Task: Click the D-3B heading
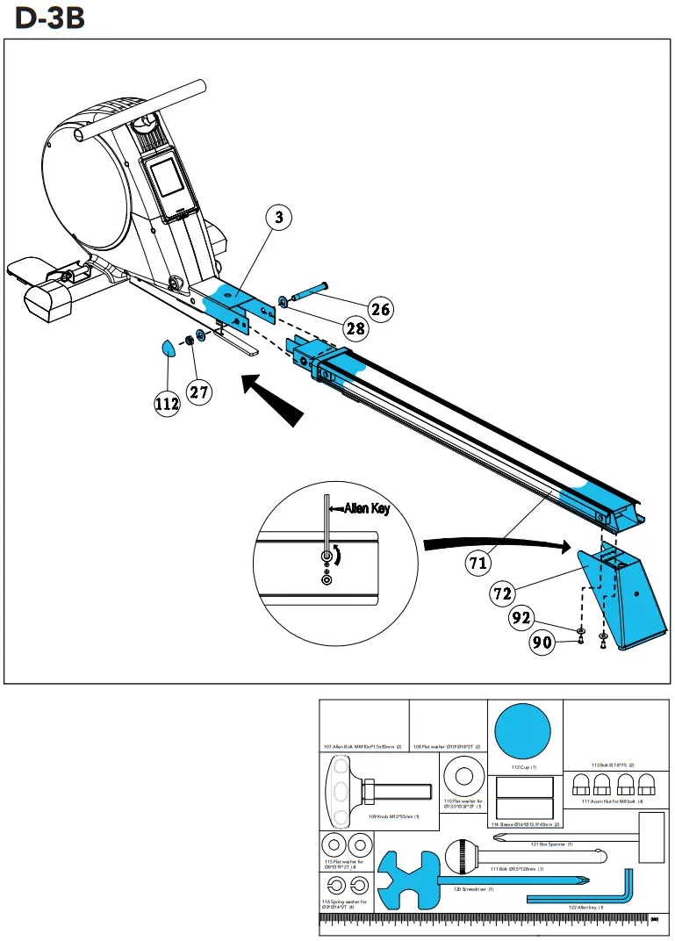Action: (50, 18)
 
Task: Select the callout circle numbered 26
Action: (379, 308)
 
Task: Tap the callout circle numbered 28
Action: (354, 330)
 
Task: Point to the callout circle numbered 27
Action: (199, 391)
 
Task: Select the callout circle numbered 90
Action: (542, 643)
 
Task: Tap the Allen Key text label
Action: (367, 508)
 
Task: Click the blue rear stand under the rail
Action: (627, 598)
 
